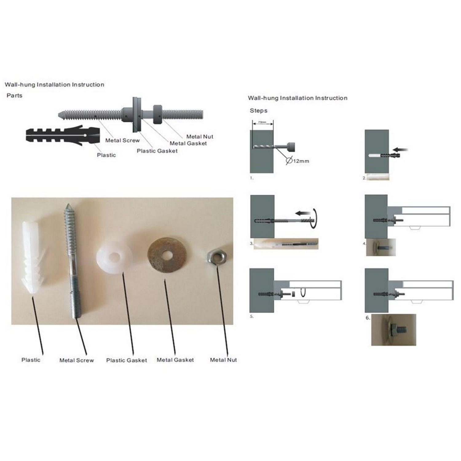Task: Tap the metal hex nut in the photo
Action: [x=217, y=256]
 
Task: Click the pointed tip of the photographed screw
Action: [x=67, y=207]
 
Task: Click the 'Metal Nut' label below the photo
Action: [x=223, y=360]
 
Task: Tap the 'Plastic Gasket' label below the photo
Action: [x=126, y=360]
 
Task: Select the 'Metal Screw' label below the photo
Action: [x=77, y=360]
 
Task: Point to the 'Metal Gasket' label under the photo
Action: [x=175, y=360]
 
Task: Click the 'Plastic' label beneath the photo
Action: [x=31, y=360]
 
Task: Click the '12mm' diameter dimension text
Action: [x=301, y=161]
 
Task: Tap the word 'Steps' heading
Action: [x=258, y=111]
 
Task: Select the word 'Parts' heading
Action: [x=14, y=96]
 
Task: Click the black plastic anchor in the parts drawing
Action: [x=61, y=136]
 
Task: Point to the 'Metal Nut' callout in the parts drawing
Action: [x=200, y=136]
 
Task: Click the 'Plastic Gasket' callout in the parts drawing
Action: [x=157, y=151]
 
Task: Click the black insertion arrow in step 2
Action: [x=400, y=150]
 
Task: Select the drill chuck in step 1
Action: [x=290, y=147]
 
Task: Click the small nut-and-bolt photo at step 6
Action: [x=394, y=330]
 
